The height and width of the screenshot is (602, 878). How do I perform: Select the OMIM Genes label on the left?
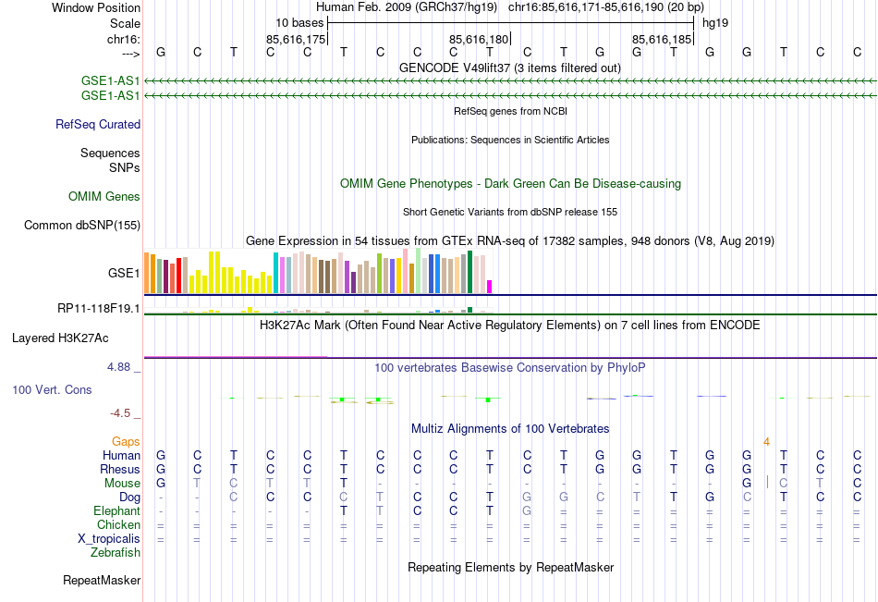(104, 196)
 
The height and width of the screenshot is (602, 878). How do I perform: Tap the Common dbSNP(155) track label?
(82, 225)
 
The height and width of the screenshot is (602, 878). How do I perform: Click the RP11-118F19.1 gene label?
(99, 308)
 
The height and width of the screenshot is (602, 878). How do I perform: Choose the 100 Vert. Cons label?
(52, 389)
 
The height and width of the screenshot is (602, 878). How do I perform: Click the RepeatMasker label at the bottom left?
(102, 581)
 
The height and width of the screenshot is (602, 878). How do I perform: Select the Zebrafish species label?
(116, 552)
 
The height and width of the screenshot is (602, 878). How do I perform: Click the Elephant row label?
(116, 510)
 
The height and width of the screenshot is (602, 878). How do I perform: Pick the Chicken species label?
(118, 524)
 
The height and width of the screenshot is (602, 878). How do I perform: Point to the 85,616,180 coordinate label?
(479, 39)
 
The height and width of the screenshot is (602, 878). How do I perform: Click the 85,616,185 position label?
(662, 39)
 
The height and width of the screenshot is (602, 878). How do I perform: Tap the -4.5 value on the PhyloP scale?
(122, 413)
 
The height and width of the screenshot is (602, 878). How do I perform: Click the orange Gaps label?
(127, 441)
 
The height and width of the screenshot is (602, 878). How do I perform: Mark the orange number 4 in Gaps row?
(766, 441)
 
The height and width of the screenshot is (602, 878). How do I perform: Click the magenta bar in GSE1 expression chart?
(490, 286)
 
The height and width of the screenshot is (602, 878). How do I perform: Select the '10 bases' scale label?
(299, 21)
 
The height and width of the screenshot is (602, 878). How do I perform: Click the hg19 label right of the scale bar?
(715, 21)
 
